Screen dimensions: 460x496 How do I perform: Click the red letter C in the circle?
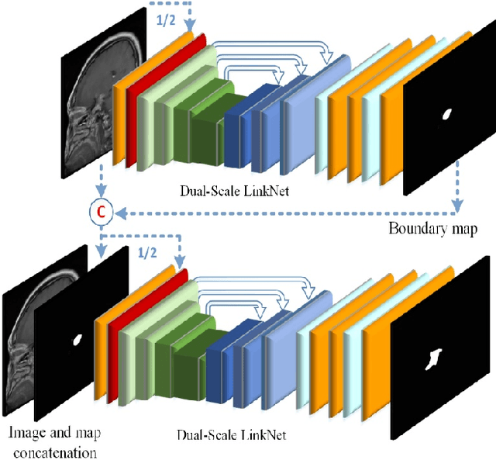(x=100, y=212)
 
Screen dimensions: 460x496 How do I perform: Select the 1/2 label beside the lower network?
(x=146, y=253)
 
